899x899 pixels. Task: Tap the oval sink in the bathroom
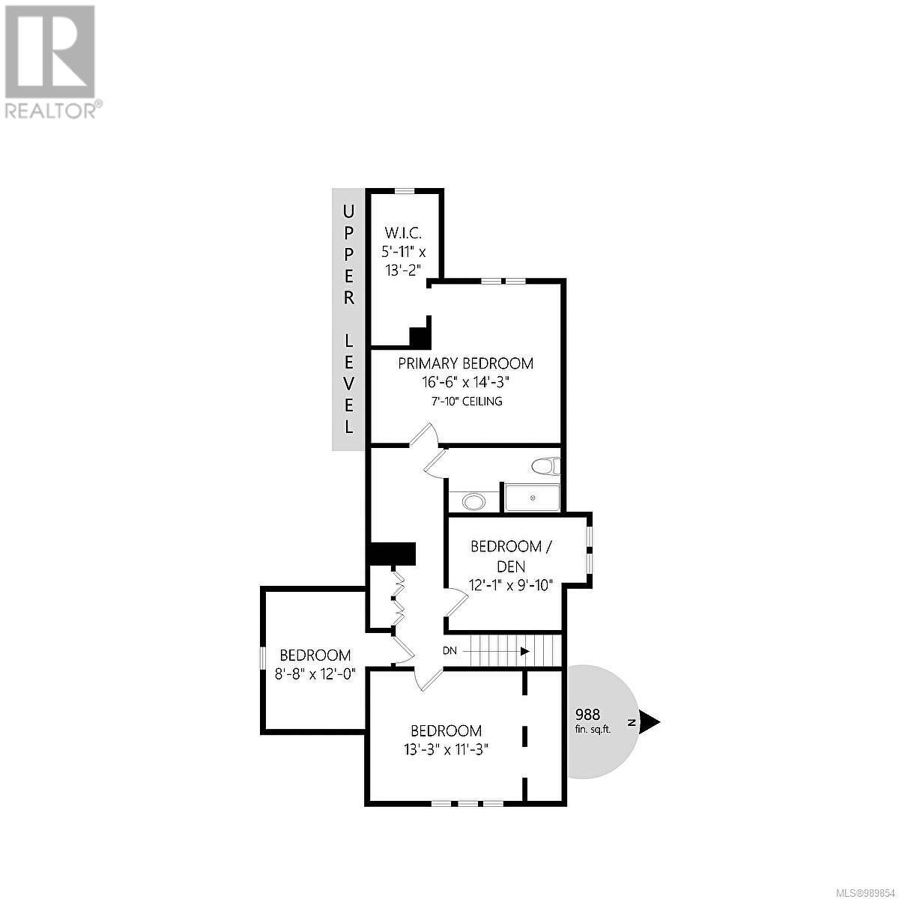click(473, 501)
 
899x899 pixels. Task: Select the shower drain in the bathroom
click(533, 497)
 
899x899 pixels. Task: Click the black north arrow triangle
click(649, 722)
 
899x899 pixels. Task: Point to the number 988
click(588, 714)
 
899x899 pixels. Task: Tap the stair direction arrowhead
click(525, 651)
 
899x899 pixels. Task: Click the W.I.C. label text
click(404, 232)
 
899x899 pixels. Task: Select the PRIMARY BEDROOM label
click(465, 364)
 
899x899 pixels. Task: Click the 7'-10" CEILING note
click(467, 402)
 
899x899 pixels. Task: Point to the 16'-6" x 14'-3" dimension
click(465, 383)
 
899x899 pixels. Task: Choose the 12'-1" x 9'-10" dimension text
click(511, 585)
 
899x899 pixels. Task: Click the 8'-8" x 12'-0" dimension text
click(315, 674)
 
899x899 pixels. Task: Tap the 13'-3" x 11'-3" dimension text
click(446, 749)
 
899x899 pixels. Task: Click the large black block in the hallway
click(391, 554)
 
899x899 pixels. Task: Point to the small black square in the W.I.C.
click(419, 337)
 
